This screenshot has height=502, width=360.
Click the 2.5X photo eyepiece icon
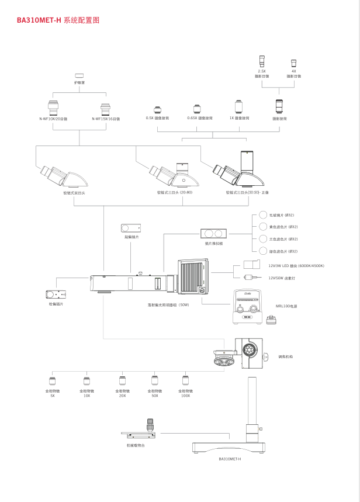262,61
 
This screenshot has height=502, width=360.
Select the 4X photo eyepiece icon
293,63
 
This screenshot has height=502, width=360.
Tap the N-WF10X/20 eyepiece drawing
54,108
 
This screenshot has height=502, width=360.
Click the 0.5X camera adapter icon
157,109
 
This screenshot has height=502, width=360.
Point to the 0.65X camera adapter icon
197,109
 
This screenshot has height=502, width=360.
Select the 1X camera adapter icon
239,106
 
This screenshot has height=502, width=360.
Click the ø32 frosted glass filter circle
263,215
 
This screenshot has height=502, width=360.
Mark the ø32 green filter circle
263,251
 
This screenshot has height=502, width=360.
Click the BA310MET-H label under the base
230,459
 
